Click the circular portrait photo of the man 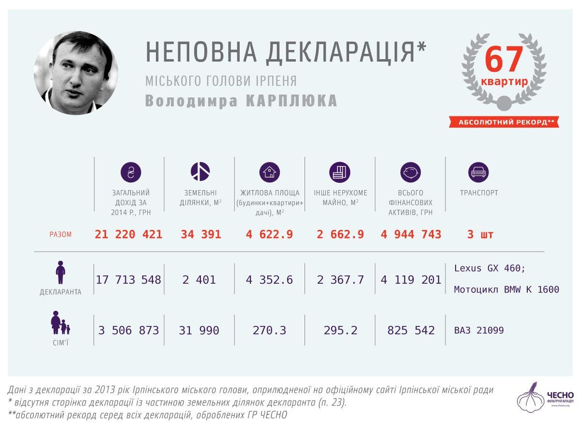point(76,73)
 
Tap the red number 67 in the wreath point(504,60)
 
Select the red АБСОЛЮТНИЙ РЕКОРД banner point(504,122)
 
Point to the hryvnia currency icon point(130,172)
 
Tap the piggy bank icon point(410,172)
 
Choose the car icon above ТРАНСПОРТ point(478,172)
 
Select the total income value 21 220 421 point(129,235)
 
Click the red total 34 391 point(201,235)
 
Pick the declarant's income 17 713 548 point(129,280)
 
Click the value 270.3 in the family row point(270,331)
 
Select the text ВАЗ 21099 point(479,331)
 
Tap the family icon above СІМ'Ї point(60,323)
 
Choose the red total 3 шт point(480,235)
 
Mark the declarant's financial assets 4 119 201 point(411,280)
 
